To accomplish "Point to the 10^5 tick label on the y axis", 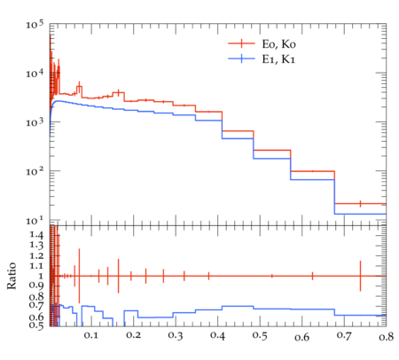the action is tap(35, 24).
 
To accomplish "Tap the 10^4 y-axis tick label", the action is tap(35, 73).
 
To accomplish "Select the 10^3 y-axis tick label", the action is tap(35, 121).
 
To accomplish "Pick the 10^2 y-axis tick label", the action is tap(35, 171).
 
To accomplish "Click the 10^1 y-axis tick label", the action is tap(35, 220).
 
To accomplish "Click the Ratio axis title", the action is tap(12, 276).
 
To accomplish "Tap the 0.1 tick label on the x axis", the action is tap(90, 335).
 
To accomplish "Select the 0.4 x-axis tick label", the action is tap(217, 335).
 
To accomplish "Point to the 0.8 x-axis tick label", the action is tap(386, 336).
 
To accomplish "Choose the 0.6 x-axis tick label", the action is tap(301, 337).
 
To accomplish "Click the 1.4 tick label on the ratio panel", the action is tap(36, 235).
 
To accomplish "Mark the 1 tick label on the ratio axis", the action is tap(41, 276).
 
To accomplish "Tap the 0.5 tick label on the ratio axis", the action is tap(36, 325).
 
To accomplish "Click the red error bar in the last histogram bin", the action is tap(360, 204).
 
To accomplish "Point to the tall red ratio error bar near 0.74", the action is tap(360, 276).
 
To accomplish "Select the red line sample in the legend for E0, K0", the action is tap(241, 43).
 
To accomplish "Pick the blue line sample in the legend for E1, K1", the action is tap(241, 59).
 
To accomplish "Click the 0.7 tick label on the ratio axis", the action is tap(36, 305).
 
